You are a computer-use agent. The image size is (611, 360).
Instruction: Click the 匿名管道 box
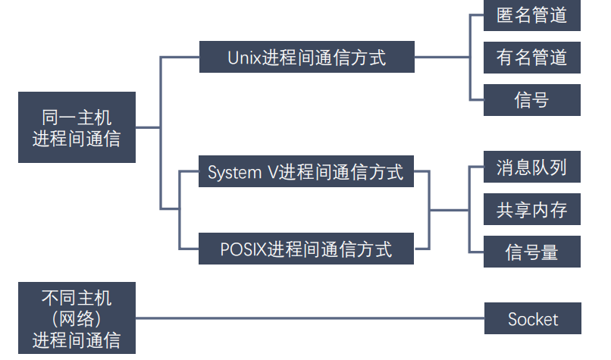coord(532,15)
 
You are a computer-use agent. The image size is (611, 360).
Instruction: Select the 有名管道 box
coord(532,58)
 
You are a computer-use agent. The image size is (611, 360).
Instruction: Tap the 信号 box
coord(532,100)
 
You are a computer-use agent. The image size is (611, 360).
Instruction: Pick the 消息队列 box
coord(532,167)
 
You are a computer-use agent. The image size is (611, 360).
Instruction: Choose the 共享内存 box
coord(532,209)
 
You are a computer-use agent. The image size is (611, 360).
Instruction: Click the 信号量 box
coord(532,252)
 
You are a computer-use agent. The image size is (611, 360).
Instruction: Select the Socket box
coord(532,319)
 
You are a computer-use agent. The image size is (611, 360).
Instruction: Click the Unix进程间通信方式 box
coord(307,58)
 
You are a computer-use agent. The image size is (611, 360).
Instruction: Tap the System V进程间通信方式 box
coord(307,172)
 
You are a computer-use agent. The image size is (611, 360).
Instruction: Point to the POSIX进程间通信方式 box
coord(307,248)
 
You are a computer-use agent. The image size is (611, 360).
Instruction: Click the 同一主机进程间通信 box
coord(77,127)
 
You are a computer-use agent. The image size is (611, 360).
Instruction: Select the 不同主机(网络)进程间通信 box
coord(77,318)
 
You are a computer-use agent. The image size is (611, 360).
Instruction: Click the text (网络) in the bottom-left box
coord(77,318)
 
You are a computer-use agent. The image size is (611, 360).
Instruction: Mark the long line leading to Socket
coord(311,319)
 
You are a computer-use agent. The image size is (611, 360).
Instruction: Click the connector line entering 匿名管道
coord(477,15)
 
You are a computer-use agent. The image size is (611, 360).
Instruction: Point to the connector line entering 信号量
coord(477,252)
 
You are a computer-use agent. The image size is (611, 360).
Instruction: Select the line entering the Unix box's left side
coord(180,58)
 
